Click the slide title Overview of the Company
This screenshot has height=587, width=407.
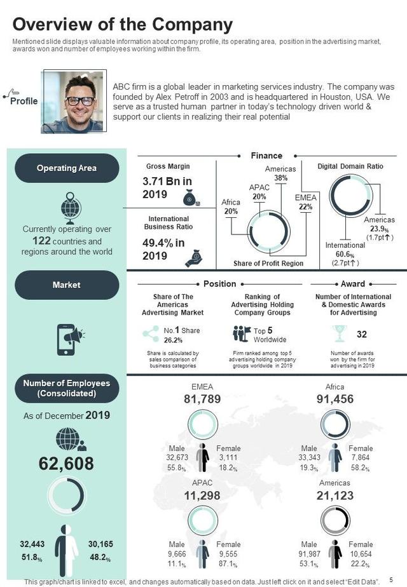pyautogui.click(x=123, y=24)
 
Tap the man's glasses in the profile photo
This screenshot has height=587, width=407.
pyautogui.click(x=80, y=100)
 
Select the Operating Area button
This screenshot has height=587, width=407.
pyautogui.click(x=67, y=168)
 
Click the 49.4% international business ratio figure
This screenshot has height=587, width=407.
pyautogui.click(x=163, y=248)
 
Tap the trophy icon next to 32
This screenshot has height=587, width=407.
pyautogui.click(x=338, y=334)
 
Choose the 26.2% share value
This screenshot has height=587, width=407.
pyautogui.click(x=173, y=340)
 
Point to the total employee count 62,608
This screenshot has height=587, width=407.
pyautogui.click(x=66, y=464)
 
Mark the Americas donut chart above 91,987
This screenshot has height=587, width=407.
pyautogui.click(x=335, y=522)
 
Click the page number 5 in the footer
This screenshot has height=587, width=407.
pyautogui.click(x=392, y=580)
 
